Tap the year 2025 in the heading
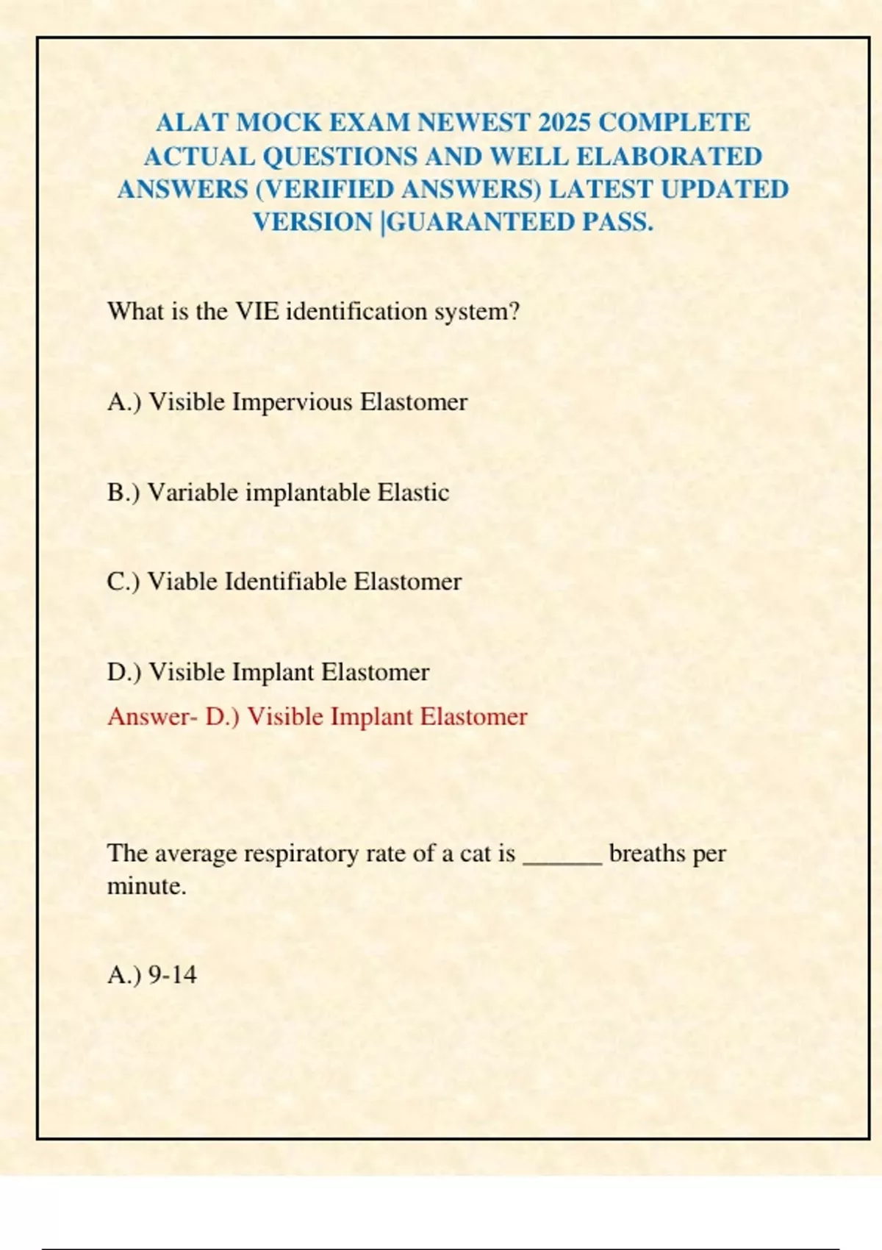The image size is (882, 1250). click(x=564, y=122)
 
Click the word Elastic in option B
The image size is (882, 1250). click(x=413, y=493)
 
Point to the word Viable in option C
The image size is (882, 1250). click(x=183, y=582)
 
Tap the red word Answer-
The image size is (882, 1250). click(x=152, y=717)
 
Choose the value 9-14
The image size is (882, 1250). click(x=173, y=975)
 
